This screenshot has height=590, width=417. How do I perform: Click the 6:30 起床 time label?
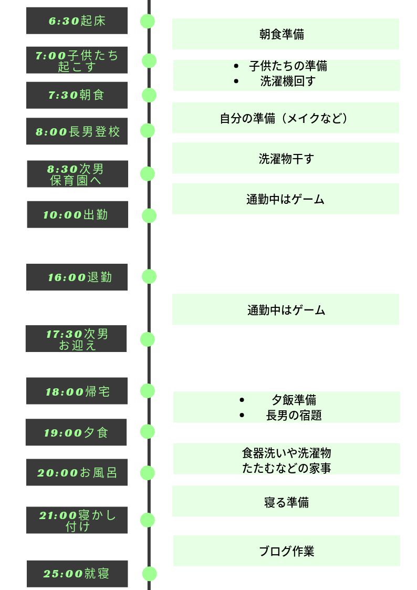pyautogui.click(x=77, y=21)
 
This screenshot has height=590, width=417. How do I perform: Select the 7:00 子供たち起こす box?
pyautogui.click(x=77, y=60)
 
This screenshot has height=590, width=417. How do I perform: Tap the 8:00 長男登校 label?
pyautogui.click(x=77, y=131)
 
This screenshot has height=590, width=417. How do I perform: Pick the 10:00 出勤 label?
pyautogui.click(x=77, y=214)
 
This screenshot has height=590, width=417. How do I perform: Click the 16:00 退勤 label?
pyautogui.click(x=77, y=277)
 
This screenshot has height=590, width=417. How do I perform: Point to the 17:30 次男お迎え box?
pyautogui.click(x=76, y=339)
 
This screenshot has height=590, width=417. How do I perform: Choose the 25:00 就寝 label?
pyautogui.click(x=77, y=574)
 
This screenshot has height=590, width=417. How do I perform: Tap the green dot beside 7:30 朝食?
pyautogui.click(x=149, y=95)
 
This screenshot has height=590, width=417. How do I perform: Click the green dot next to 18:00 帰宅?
pyautogui.click(x=148, y=391)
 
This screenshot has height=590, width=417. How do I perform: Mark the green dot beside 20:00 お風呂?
pyautogui.click(x=148, y=473)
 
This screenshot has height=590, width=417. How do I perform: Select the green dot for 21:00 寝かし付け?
pyautogui.click(x=148, y=520)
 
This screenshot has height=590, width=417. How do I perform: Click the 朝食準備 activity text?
pyautogui.click(x=282, y=35)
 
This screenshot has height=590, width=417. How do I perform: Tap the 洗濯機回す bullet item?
pyautogui.click(x=288, y=81)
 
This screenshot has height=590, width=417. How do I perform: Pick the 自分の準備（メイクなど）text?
pyautogui.click(x=284, y=118)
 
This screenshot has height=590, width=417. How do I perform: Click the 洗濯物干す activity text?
pyautogui.click(x=286, y=159)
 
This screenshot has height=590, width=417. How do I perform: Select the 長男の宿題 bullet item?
pyautogui.click(x=294, y=415)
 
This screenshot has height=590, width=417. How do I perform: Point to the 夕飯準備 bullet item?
pyautogui.click(x=294, y=400)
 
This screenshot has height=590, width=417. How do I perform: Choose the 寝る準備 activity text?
pyautogui.click(x=286, y=502)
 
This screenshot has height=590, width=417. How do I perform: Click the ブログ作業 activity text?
pyautogui.click(x=286, y=551)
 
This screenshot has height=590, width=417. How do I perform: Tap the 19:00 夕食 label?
pyautogui.click(x=76, y=432)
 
